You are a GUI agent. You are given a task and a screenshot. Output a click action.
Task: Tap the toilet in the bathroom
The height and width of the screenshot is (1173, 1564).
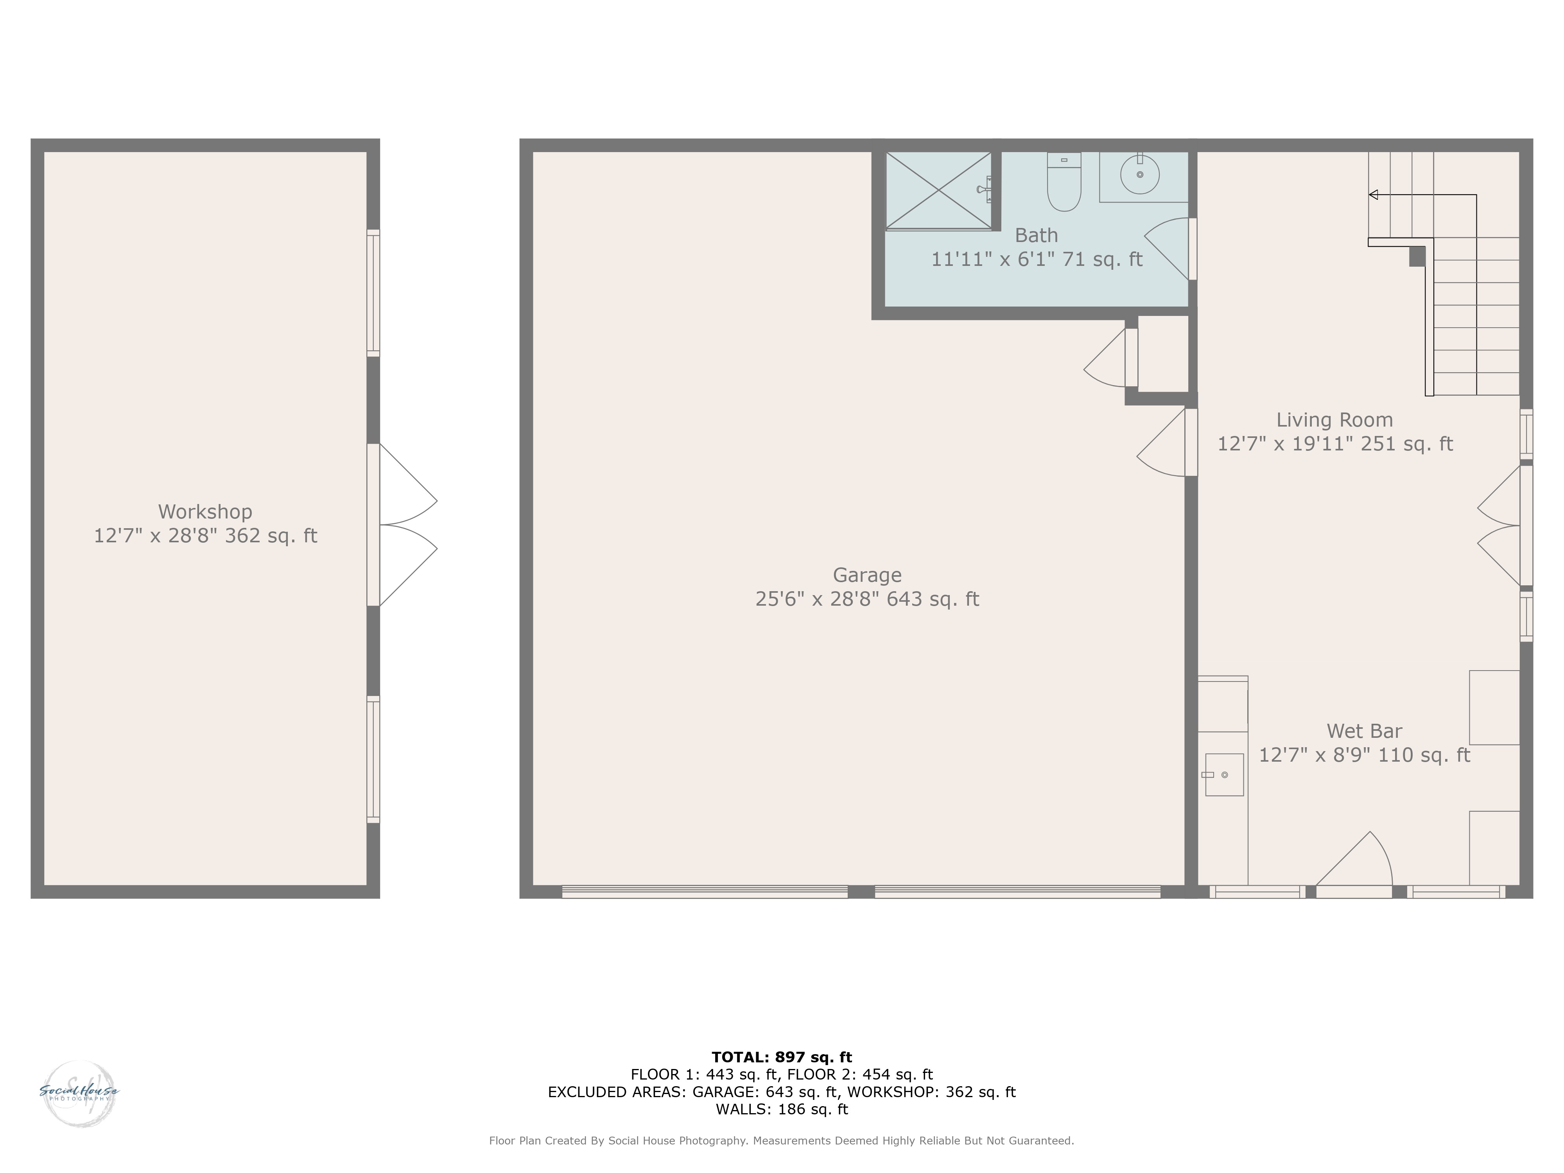pyautogui.click(x=1064, y=182)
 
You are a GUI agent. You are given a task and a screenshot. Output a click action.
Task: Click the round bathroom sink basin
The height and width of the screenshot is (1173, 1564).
pyautogui.click(x=1140, y=174)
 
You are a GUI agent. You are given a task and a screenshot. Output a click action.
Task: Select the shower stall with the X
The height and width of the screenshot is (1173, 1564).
pyautogui.click(x=939, y=191)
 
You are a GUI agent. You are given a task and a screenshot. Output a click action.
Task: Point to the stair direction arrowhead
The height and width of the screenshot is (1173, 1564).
pyautogui.click(x=1373, y=194)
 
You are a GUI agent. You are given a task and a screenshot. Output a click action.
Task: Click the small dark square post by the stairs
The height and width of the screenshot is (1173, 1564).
pyautogui.click(x=1416, y=256)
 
